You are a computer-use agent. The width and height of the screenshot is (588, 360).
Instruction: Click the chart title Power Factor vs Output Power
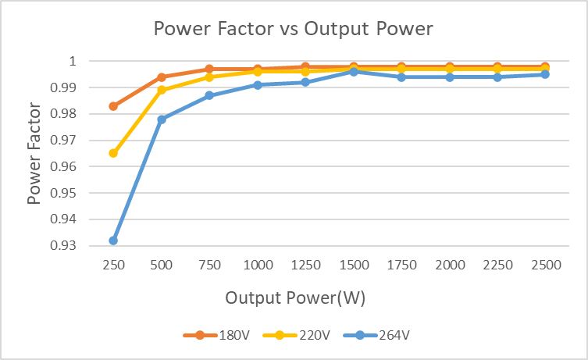[x=293, y=29]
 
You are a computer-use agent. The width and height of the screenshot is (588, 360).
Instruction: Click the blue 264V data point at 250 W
[x=113, y=241]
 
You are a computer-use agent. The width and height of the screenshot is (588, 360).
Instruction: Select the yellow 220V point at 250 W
[x=113, y=153]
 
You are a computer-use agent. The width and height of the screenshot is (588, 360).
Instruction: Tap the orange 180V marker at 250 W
[x=113, y=106]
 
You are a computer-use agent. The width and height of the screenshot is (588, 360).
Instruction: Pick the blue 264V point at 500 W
[x=162, y=119]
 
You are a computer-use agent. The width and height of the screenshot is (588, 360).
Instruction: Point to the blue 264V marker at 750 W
[x=209, y=95]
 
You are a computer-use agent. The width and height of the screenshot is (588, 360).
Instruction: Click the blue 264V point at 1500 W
[x=354, y=72]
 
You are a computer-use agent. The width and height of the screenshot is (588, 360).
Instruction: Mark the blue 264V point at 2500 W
[x=545, y=74]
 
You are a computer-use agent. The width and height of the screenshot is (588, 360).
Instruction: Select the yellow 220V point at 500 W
[x=162, y=90]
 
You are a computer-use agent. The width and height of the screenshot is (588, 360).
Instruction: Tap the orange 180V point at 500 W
[x=162, y=77]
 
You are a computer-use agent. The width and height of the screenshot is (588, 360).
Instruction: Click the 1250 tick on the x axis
[x=306, y=266]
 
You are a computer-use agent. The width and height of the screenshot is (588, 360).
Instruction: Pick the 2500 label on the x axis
[x=546, y=266]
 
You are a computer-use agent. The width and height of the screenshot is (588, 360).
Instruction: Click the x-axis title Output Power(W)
[x=295, y=298]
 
